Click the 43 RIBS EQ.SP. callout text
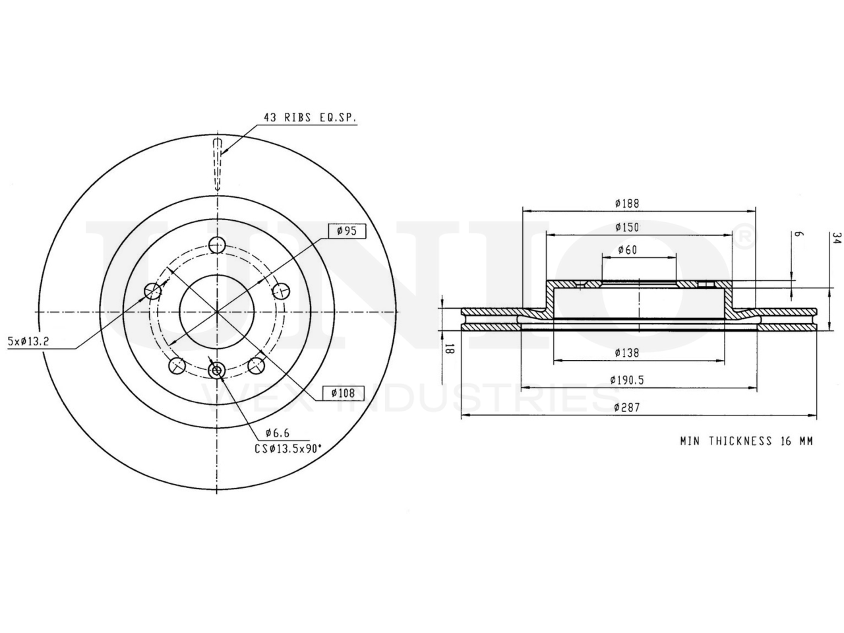tap(309, 117)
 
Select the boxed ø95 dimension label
tap(347, 231)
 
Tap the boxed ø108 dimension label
tap(343, 393)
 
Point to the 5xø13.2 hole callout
tap(28, 342)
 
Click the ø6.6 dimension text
tap(277, 433)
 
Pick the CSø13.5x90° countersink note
tap(288, 449)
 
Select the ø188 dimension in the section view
tap(627, 203)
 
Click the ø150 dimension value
tap(627, 227)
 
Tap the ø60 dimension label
tap(628, 250)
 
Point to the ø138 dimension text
tap(627, 352)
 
